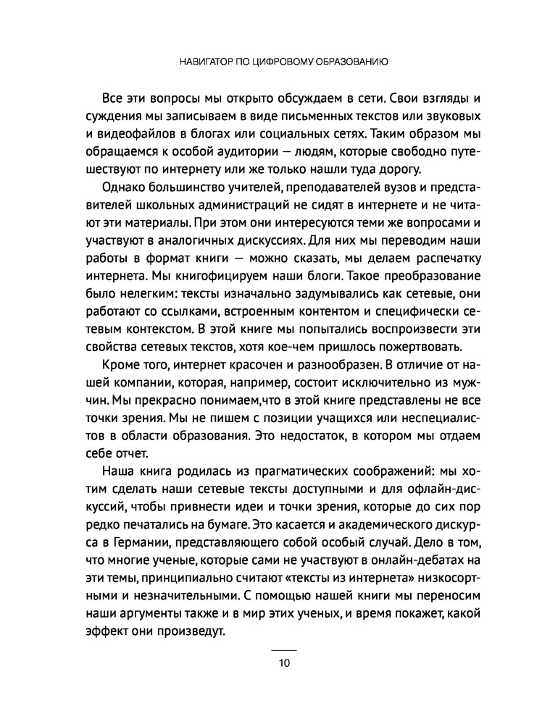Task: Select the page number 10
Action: pyautogui.click(x=283, y=663)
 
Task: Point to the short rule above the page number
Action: pyautogui.click(x=283, y=650)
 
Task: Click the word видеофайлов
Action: pyautogui.click(x=151, y=134)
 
